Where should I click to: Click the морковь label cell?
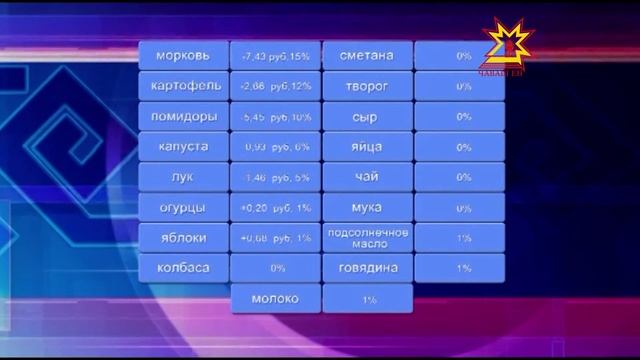[183, 56]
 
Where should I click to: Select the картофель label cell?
[183, 86]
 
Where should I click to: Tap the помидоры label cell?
[183, 116]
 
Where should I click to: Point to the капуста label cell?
[183, 147]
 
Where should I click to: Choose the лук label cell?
[183, 177]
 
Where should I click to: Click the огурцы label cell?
[183, 207]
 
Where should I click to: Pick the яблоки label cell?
[183, 238]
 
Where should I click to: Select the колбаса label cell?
[183, 268]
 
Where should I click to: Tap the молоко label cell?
[275, 299]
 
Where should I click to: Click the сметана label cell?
[367, 56]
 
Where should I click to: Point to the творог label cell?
[367, 86]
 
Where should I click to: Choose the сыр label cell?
[367, 116]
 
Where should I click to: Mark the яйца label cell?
[367, 147]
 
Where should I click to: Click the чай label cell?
[367, 177]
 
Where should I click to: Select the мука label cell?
[367, 207]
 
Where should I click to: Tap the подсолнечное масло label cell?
[367, 238]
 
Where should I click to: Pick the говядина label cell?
[367, 268]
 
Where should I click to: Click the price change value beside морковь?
[275, 56]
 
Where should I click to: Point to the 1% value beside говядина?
[463, 268]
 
